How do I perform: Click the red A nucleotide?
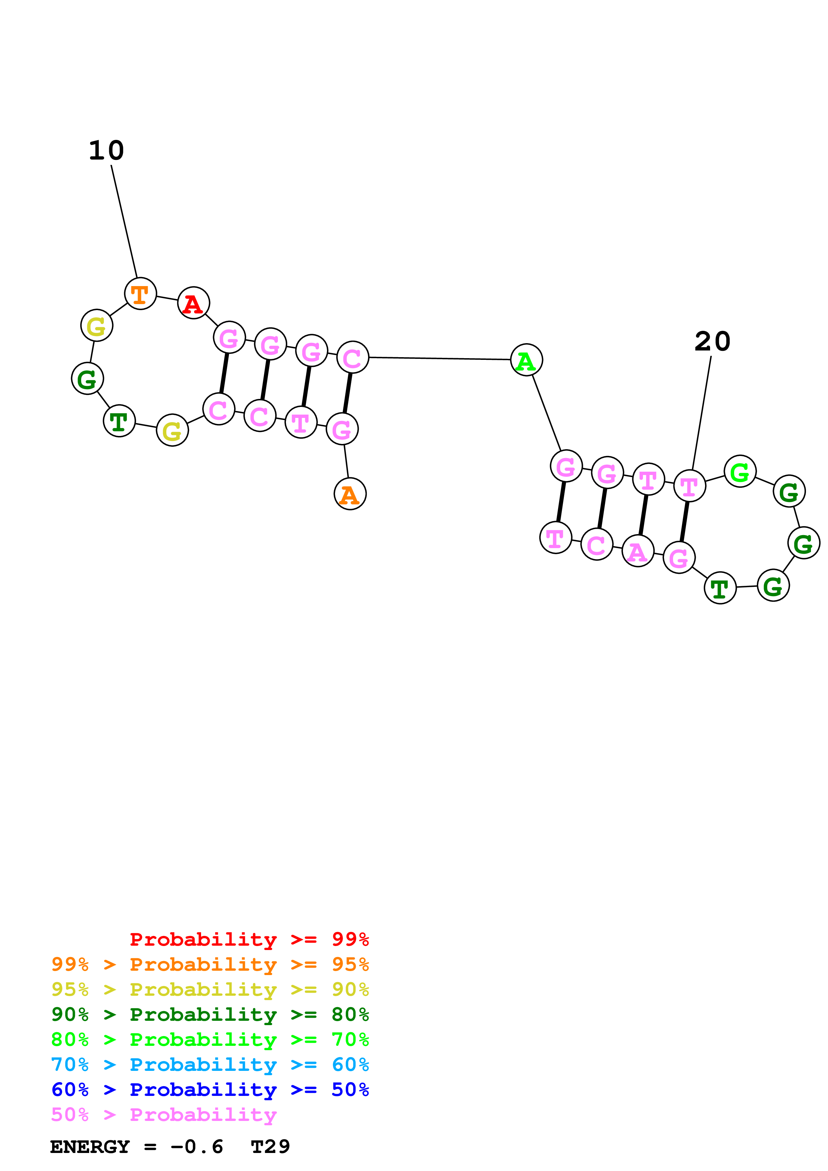point(193,303)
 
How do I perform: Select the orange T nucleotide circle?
point(140,294)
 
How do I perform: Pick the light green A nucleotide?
point(526,360)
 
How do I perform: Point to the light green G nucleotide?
point(740,471)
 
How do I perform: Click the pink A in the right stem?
point(638,551)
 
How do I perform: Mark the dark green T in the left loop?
point(119,421)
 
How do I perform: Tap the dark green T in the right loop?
point(720,588)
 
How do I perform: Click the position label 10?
point(106,151)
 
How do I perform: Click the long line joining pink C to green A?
point(439,359)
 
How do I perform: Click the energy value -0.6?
point(196,1147)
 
